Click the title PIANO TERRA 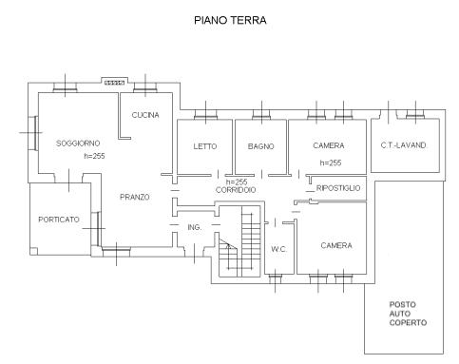point(230,20)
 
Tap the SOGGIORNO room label point(78,144)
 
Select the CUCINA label point(145,115)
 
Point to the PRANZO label point(135,197)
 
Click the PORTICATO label point(59,220)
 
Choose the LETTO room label point(205,146)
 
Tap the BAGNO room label point(260,146)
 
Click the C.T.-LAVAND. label point(404,145)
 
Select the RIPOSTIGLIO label point(338,188)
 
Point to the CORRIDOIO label point(236,190)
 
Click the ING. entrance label point(195,227)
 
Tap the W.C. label point(278,249)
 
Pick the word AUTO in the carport point(400,314)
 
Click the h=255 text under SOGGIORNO point(94,156)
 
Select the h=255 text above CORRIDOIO point(237,182)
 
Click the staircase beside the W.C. point(239,241)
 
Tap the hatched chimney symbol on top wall point(114,83)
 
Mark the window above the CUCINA point(145,86)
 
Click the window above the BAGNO point(261,114)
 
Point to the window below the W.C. point(275,278)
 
